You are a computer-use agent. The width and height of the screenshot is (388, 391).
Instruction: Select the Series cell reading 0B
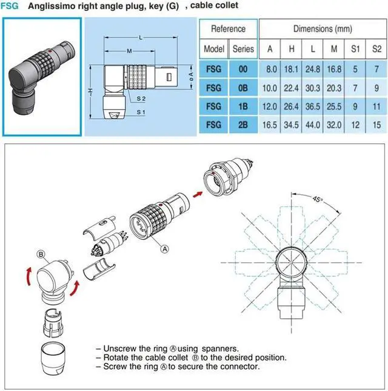243,87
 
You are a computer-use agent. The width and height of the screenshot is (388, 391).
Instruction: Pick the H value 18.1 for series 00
292,70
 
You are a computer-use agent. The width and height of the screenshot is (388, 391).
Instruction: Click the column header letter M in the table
334,49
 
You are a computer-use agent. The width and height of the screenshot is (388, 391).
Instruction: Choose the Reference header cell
228,29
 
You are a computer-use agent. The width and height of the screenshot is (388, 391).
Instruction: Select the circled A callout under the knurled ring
164,248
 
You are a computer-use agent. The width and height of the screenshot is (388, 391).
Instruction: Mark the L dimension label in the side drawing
141,38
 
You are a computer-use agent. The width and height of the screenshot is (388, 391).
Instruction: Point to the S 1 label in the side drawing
141,112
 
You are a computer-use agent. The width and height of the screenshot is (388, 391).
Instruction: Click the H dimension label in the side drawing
90,90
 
